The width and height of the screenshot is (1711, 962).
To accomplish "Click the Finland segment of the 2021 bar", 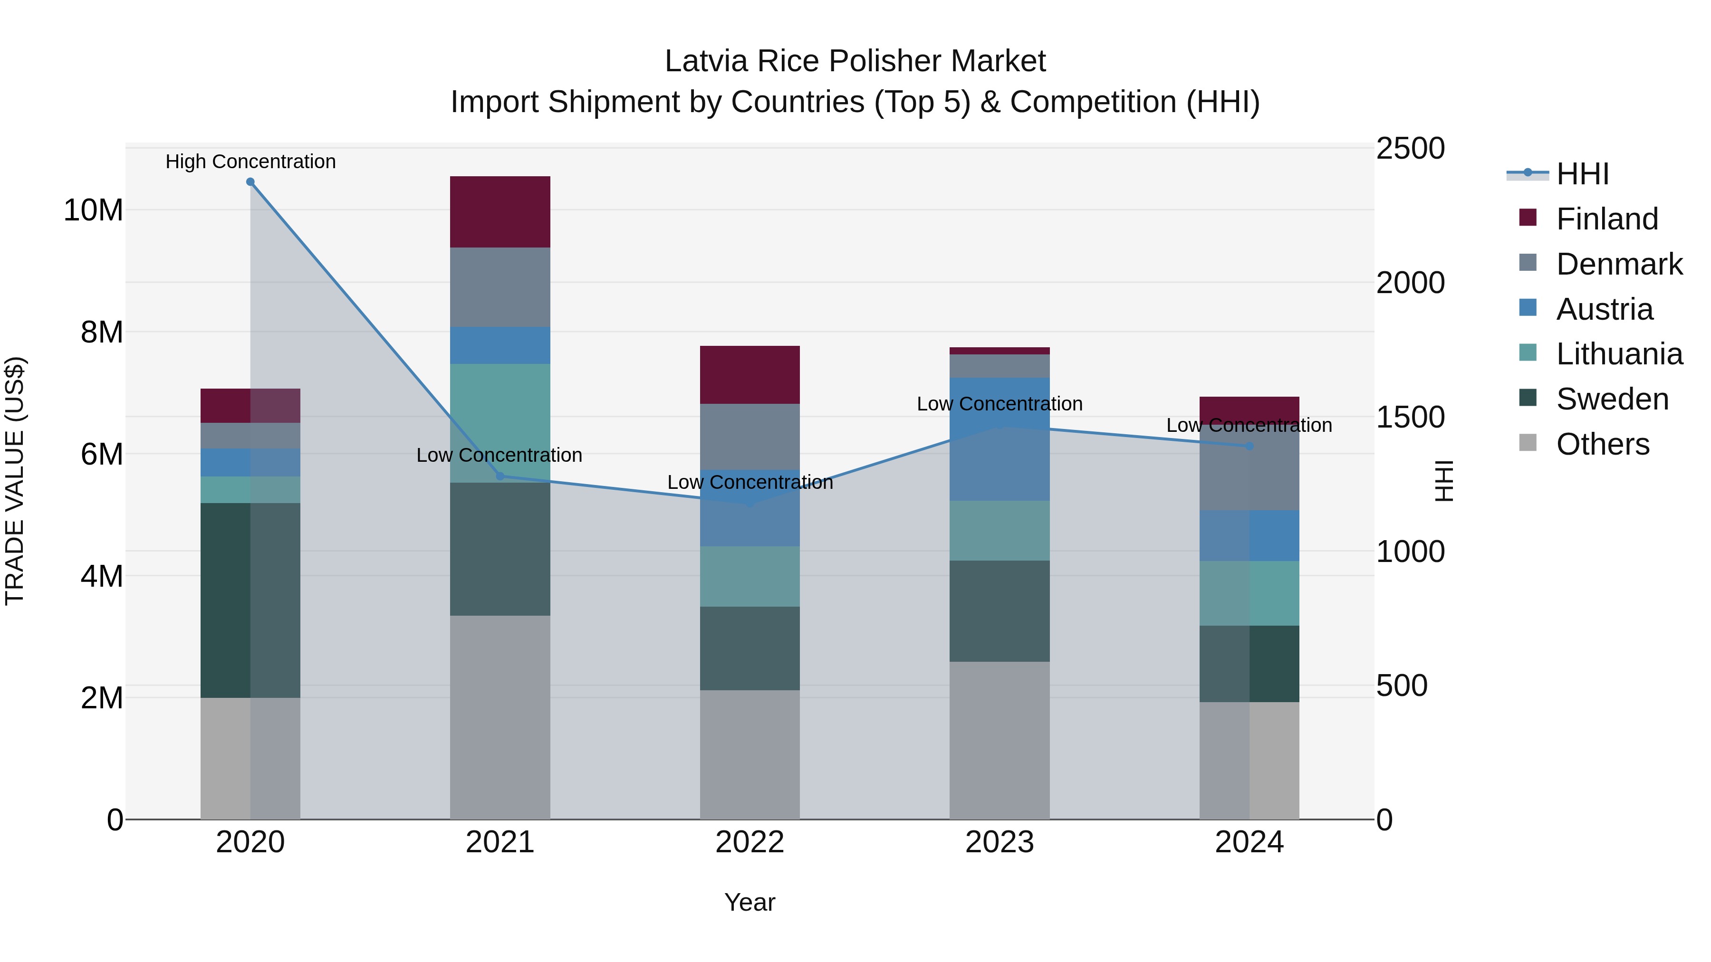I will coord(500,212).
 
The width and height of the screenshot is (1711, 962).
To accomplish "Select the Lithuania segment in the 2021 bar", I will coord(500,422).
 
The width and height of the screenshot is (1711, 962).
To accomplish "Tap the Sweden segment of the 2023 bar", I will coord(999,611).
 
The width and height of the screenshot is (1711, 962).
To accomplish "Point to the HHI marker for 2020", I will coord(250,182).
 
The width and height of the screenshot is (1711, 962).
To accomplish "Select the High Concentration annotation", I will coord(250,162).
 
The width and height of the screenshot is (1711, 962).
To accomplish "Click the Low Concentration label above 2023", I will coord(999,404).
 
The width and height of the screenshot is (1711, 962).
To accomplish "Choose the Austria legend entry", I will coord(1604,309).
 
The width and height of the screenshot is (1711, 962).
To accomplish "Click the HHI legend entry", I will coord(1582,174).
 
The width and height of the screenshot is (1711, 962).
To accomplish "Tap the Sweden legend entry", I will coord(1612,399).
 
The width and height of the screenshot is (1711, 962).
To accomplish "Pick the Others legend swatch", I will coord(1528,443).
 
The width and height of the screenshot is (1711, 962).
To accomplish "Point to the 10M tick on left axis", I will coord(93,210).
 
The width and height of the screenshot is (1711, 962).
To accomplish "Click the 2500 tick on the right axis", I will coord(1410,148).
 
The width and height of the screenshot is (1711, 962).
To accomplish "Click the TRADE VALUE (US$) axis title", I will coord(15,481).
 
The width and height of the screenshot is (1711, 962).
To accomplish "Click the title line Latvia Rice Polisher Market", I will coord(855,61).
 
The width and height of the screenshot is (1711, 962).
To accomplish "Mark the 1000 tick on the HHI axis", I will coord(1410,551).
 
